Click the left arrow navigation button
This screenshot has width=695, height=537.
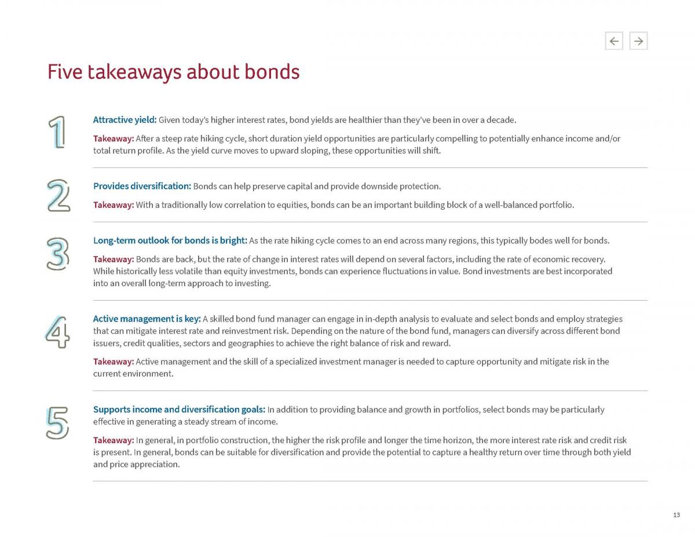tap(614, 41)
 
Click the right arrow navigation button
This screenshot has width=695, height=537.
tap(638, 41)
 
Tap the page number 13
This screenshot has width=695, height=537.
tap(676, 515)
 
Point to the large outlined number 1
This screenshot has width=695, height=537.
tap(57, 132)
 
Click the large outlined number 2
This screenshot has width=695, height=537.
tap(58, 196)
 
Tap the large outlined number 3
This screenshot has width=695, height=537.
tap(58, 254)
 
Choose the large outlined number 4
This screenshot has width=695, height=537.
tap(58, 332)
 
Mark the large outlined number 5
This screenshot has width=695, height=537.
tap(57, 423)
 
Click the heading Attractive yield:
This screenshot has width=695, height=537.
tap(125, 120)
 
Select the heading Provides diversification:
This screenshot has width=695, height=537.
tap(142, 186)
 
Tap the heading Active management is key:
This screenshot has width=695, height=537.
tap(147, 319)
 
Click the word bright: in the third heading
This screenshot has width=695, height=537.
tap(233, 240)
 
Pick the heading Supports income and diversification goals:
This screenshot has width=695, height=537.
tap(179, 410)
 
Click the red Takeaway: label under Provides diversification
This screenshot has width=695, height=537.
tap(114, 204)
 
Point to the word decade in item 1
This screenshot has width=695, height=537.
tap(500, 120)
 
